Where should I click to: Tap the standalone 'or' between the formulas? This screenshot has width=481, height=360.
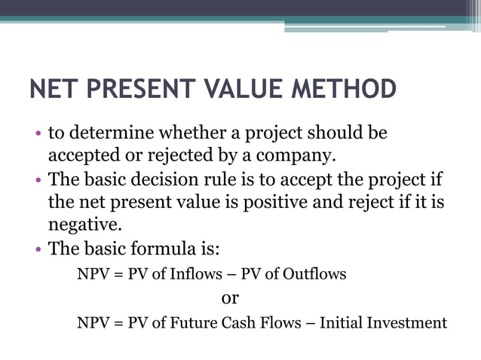click(230, 297)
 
